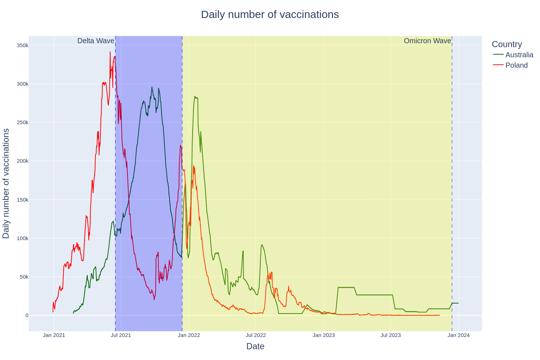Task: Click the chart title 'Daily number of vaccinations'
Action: pos(270,14)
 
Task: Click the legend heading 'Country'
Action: pos(507,44)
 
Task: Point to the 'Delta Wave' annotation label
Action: pos(96,41)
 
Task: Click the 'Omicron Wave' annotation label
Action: pos(427,41)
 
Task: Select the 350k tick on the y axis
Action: pos(22,45)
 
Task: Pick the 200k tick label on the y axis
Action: pos(22,161)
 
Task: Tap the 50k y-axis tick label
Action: pos(24,277)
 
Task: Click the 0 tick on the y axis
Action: pos(27,315)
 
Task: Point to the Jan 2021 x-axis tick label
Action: pos(54,335)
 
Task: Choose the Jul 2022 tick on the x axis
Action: pos(256,335)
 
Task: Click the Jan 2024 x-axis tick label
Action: pos(458,335)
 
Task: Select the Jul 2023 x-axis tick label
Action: pos(391,335)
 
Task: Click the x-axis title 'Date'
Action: pos(255,346)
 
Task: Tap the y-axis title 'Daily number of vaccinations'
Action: pos(6,183)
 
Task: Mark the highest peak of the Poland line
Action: pos(110,52)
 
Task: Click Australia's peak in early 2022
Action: pos(195,96)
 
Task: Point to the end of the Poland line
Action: pos(439,315)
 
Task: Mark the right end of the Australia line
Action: pos(458,303)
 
